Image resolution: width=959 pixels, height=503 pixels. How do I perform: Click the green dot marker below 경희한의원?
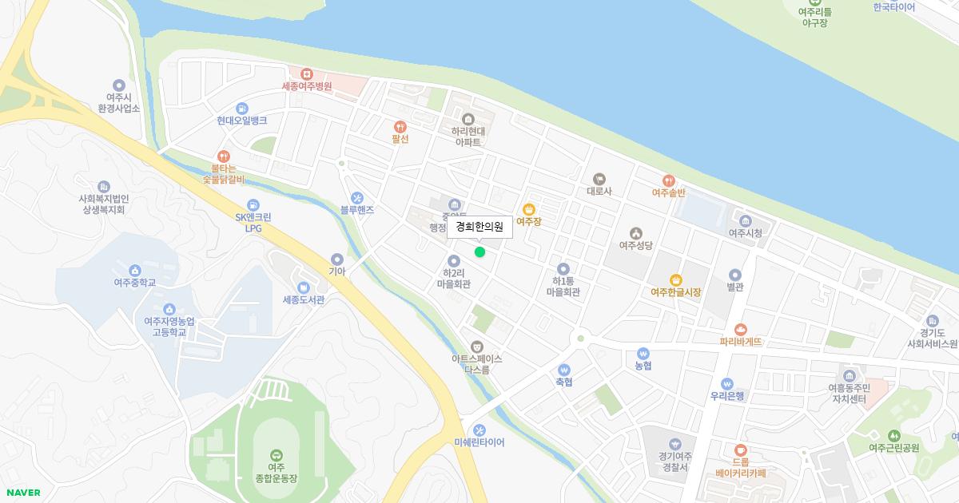click(479, 252)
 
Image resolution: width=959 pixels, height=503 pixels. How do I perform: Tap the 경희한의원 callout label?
click(479, 227)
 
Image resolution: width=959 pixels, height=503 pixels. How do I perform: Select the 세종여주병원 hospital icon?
click(306, 73)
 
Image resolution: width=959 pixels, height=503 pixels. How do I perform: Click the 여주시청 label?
click(745, 233)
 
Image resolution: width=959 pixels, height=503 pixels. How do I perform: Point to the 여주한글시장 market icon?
click(675, 279)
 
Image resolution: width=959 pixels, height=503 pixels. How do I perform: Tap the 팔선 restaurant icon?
click(400, 126)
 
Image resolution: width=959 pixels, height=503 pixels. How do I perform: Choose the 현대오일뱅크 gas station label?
click(241, 121)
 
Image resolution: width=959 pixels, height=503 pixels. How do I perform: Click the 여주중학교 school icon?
click(134, 270)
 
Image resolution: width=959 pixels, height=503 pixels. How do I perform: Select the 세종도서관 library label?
click(304, 300)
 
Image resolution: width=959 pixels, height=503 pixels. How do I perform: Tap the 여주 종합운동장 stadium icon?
click(276, 454)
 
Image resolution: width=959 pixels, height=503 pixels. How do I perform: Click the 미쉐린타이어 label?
click(479, 442)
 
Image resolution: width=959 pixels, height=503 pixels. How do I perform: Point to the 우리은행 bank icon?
click(727, 383)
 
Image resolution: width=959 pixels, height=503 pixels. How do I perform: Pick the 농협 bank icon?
click(643, 353)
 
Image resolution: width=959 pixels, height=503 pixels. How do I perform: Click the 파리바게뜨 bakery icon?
click(741, 329)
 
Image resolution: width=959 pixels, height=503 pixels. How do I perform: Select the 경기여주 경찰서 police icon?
click(674, 444)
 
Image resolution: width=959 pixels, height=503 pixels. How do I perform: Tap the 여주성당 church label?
click(635, 245)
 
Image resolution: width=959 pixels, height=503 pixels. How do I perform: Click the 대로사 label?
click(599, 192)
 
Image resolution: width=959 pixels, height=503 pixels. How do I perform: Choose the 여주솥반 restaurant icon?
click(669, 180)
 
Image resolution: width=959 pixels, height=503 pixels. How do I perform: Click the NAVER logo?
click(22, 493)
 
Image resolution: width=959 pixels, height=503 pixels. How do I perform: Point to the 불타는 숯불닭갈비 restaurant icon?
click(223, 156)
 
